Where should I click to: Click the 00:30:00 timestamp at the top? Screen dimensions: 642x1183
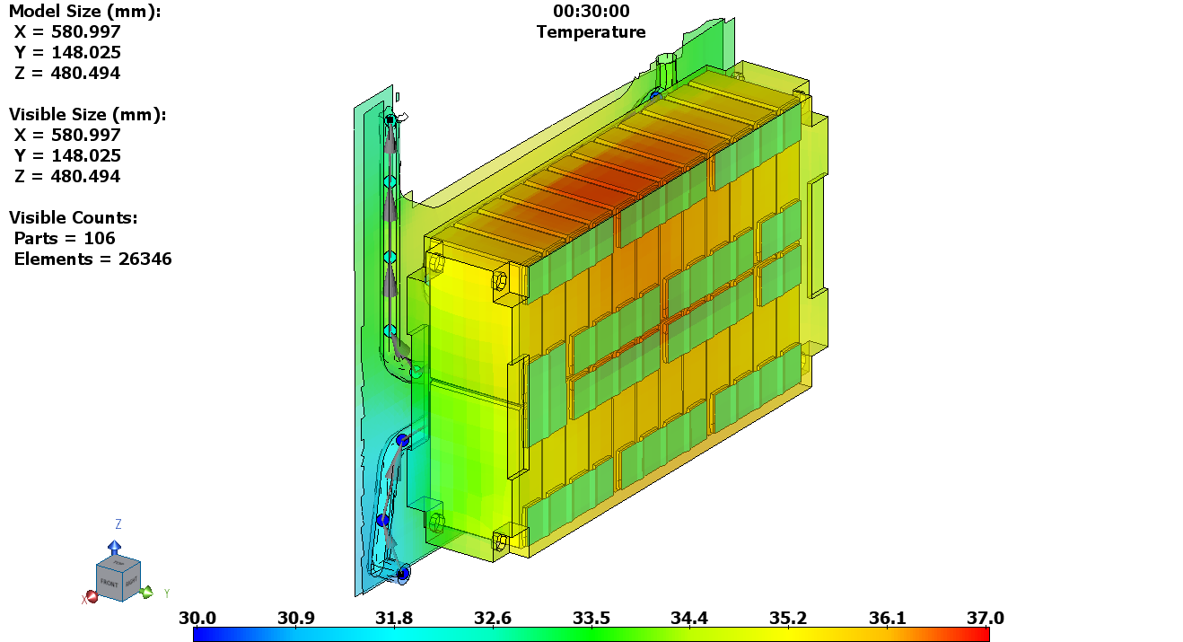pos(591,12)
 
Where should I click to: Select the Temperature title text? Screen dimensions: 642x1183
pos(591,32)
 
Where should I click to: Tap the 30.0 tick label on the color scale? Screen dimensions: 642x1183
pos(197,618)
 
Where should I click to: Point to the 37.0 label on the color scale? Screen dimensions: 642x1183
pos(985,618)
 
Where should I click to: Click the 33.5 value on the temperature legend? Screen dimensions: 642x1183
pos(591,618)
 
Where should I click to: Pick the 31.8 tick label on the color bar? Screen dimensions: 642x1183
pos(394,618)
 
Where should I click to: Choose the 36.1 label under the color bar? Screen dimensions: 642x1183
pos(887,618)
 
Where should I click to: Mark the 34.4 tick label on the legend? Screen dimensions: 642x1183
pos(689,618)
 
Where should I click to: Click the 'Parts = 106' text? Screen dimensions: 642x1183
pos(65,239)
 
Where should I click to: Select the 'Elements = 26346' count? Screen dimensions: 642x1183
pos(92,259)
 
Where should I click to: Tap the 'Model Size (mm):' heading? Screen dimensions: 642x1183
pos(84,12)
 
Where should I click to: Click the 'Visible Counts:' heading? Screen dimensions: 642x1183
pos(74,218)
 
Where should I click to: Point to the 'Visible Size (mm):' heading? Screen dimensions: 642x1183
pos(87,115)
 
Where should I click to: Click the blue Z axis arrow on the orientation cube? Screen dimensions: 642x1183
pos(115,546)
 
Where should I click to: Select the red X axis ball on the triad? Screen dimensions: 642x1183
pos(92,596)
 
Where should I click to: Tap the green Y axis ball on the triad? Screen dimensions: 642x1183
pos(147,592)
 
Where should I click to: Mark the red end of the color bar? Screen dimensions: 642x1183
pos(982,634)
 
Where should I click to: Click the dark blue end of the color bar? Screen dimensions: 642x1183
pos(200,634)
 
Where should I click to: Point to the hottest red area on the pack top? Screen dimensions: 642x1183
pos(619,175)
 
